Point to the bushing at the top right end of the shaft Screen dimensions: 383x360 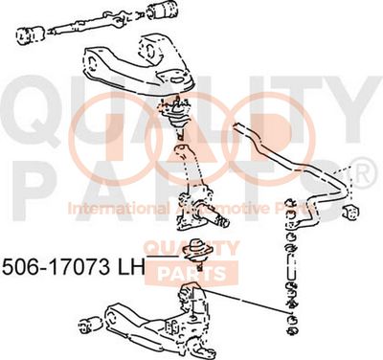pos(162,14)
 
